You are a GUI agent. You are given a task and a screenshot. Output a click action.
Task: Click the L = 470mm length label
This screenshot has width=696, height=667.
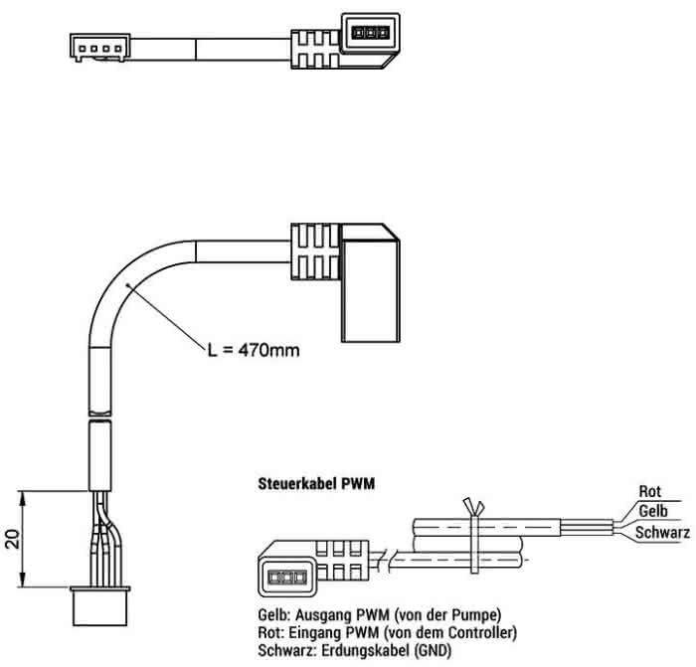254,350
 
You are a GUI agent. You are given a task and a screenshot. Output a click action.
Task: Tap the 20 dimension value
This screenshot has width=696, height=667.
14,539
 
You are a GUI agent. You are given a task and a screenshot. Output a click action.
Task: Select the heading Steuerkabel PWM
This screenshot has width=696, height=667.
316,483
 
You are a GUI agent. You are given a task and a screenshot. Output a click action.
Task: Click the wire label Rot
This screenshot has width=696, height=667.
650,491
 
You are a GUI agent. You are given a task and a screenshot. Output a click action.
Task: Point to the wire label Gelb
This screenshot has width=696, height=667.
653,511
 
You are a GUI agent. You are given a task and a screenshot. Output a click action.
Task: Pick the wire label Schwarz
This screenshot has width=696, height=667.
663,532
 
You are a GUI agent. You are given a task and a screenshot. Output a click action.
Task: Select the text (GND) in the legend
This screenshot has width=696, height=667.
433,650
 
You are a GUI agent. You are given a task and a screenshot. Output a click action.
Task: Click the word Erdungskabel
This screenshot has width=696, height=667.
366,650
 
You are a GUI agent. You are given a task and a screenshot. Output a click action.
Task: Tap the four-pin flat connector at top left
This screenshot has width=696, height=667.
100,47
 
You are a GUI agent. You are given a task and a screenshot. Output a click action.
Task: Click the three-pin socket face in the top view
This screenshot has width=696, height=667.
370,33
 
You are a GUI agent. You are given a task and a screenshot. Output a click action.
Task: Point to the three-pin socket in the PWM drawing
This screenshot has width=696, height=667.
287,578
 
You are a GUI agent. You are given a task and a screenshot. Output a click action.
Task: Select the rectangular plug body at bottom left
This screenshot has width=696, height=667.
100,606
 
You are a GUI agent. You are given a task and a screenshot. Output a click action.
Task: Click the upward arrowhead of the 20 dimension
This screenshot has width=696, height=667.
23,498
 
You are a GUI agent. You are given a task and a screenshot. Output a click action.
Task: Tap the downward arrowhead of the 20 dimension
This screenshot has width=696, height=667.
23,580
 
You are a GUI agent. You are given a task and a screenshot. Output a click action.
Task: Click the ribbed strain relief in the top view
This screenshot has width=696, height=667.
316,50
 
